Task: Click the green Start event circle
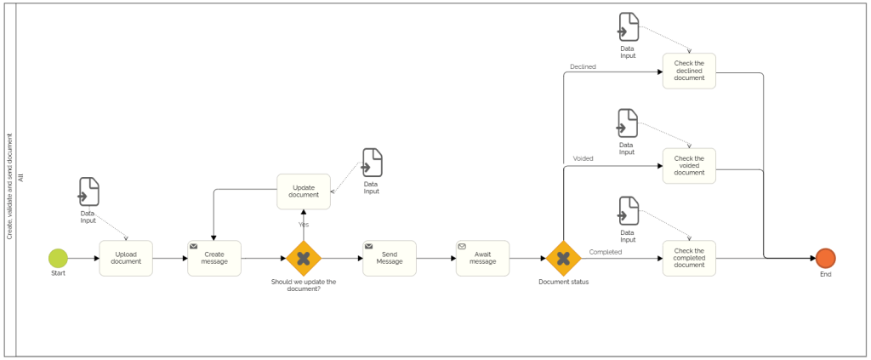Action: pyautogui.click(x=58, y=258)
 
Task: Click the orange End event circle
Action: pyautogui.click(x=825, y=258)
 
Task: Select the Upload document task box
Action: pyautogui.click(x=126, y=258)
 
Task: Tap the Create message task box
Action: pyautogui.click(x=214, y=258)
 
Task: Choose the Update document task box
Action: pyautogui.click(x=304, y=191)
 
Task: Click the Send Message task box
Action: pyautogui.click(x=390, y=258)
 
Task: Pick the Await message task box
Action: pyautogui.click(x=482, y=258)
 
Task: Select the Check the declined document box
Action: pyautogui.click(x=689, y=71)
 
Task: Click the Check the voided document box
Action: pyautogui.click(x=689, y=166)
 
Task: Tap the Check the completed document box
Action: pyautogui.click(x=689, y=258)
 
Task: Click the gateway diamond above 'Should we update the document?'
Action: pyautogui.click(x=303, y=258)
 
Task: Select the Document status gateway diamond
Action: pyautogui.click(x=563, y=258)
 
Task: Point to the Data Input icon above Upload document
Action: pyautogui.click(x=88, y=191)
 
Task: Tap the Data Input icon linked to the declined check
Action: pyautogui.click(x=628, y=26)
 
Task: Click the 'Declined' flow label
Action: pyautogui.click(x=583, y=66)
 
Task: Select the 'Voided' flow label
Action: pyautogui.click(x=584, y=158)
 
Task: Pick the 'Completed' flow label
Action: pyautogui.click(x=605, y=251)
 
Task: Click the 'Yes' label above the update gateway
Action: pyautogui.click(x=303, y=225)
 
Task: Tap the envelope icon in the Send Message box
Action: pyautogui.click(x=369, y=246)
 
